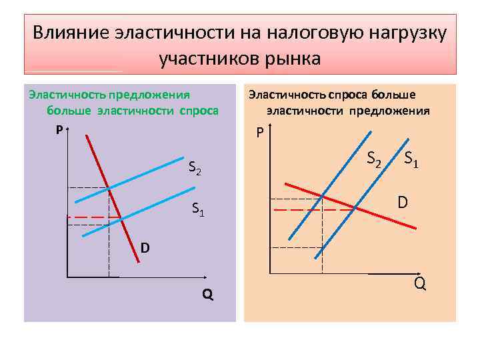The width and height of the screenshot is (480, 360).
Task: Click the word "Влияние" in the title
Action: click(71, 33)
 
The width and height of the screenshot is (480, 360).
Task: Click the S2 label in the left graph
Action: click(195, 169)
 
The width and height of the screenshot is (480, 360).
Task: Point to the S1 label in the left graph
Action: click(198, 209)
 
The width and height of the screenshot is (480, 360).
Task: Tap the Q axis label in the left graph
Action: click(208, 294)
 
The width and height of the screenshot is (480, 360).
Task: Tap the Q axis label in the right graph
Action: click(420, 283)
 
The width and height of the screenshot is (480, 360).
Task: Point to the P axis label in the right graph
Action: click(260, 133)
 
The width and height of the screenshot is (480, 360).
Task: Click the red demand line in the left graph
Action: click(127, 233)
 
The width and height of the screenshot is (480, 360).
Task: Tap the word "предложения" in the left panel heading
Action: click(154, 95)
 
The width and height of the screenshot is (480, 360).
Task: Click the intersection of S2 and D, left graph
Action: click(109, 188)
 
